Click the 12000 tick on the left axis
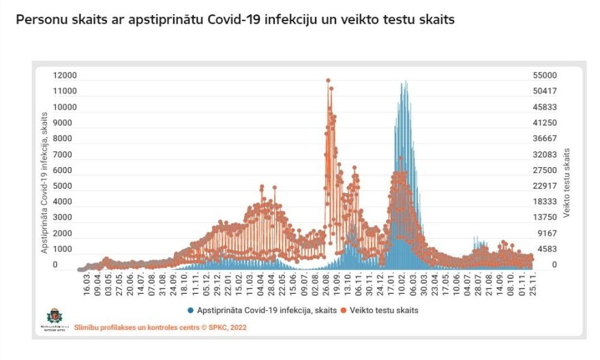[x=65, y=76]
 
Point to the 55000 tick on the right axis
[x=545, y=76]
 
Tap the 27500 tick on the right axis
[x=545, y=170]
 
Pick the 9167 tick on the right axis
[x=547, y=233]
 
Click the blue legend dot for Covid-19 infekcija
[x=191, y=310]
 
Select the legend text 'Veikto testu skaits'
[x=382, y=310]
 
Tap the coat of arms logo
[x=53, y=316]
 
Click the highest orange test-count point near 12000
[x=328, y=80]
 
